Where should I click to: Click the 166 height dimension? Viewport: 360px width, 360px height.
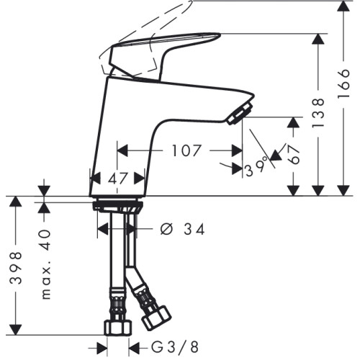(343, 83)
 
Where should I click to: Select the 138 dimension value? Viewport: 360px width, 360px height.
(318, 113)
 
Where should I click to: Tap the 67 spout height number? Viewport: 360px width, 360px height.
(294, 154)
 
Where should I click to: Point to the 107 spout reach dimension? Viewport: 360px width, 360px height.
(186, 150)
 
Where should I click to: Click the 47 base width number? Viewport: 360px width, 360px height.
(117, 179)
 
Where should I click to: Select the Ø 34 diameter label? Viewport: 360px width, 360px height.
(182, 229)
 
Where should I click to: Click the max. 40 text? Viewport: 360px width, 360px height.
(46, 264)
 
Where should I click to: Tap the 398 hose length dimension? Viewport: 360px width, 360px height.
(16, 268)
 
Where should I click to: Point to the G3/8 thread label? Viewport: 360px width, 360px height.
(175, 347)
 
